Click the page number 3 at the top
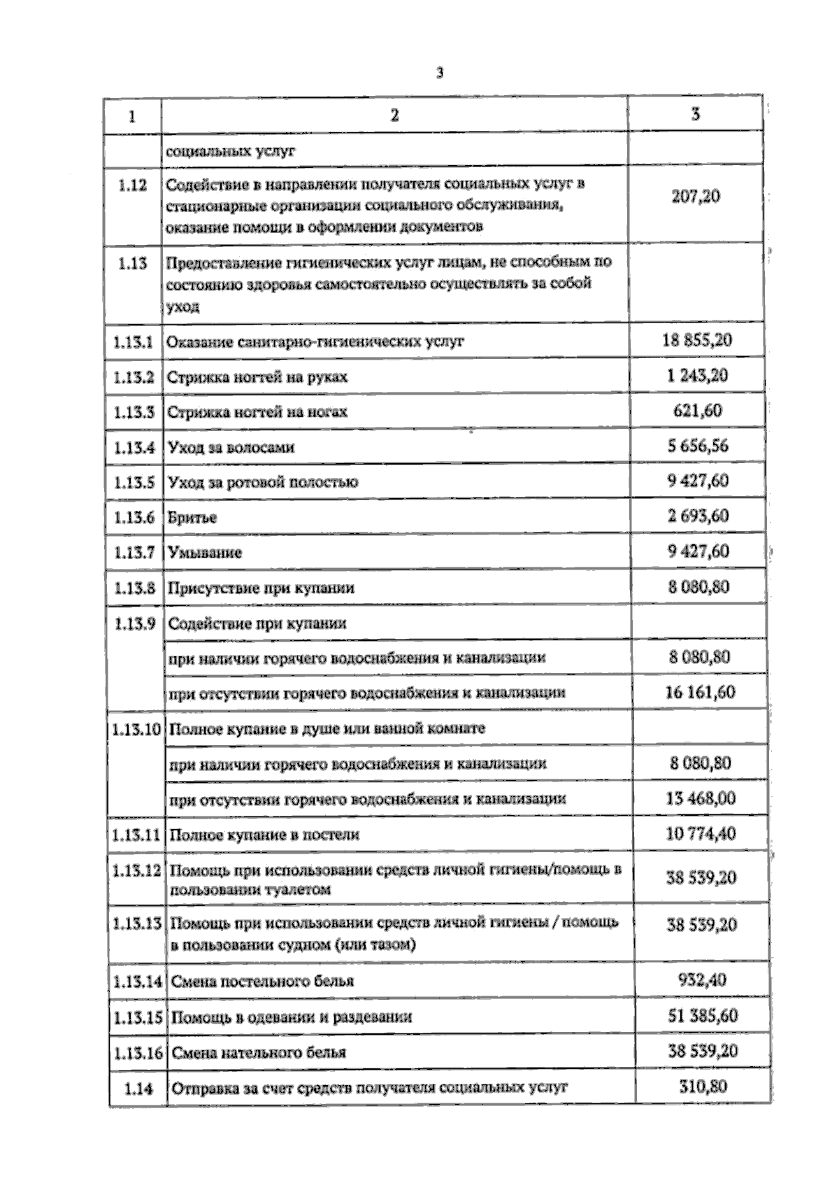coord(440,73)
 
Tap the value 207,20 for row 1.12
coord(696,197)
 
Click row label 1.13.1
coord(133,343)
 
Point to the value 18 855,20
coord(697,341)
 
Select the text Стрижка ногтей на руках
coord(257,378)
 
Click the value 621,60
coord(697,411)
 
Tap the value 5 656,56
coord(698,446)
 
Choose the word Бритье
coord(192,518)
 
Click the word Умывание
coord(205,553)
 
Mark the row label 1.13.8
coord(133,588)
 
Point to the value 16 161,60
coord(700,693)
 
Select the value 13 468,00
coord(701,798)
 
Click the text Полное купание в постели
coord(265,835)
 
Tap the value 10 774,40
coord(701,834)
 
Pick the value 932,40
coord(702,980)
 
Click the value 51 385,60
coord(701,1016)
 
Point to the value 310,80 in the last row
coord(703,1087)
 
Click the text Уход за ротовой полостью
coord(264,483)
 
